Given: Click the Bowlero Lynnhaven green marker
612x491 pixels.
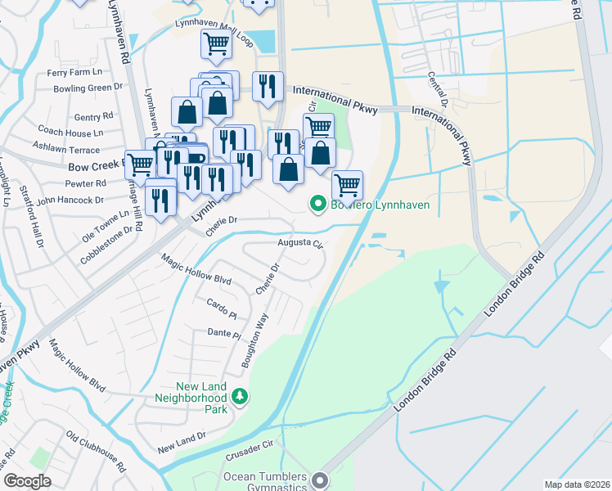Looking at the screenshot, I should (317, 205).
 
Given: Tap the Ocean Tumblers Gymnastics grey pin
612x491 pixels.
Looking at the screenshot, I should (320, 481).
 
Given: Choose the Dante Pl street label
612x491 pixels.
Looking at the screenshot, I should (224, 333).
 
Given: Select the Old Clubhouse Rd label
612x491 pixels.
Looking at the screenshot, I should (96, 452).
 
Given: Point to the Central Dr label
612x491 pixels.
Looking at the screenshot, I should (438, 89).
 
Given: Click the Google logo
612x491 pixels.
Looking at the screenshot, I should (27, 481).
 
